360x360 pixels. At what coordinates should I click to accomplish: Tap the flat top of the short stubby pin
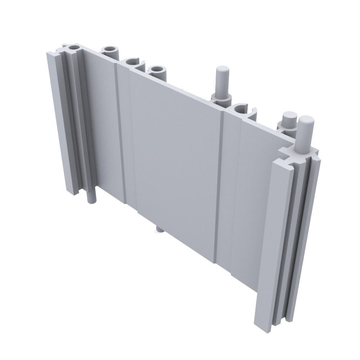289,117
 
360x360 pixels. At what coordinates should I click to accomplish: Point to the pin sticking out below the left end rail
93,197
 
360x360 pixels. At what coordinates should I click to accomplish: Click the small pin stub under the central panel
159,229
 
